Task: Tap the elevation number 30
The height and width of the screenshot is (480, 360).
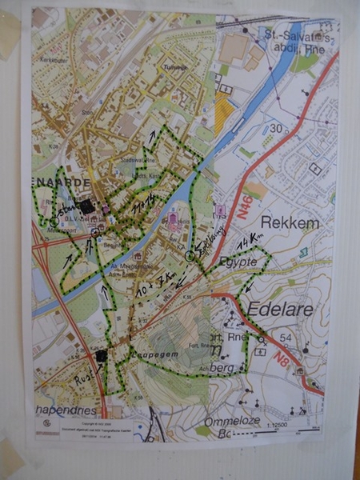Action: tap(277, 127)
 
